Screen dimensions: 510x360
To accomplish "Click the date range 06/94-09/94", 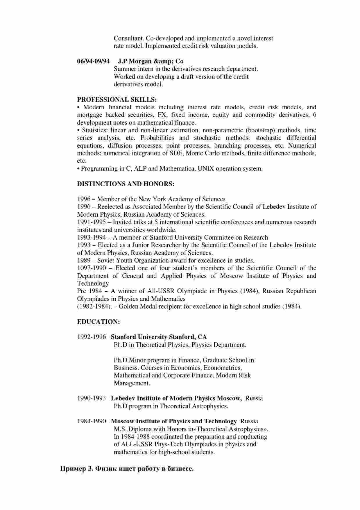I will pos(93,61).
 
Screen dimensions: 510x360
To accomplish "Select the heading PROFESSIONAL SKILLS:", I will pos(117,99).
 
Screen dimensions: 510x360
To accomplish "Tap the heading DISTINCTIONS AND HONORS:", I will pos(126,184).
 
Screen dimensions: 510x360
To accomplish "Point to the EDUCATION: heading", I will pos(98,322).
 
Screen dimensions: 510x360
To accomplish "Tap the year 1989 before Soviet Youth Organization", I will pos(84,260).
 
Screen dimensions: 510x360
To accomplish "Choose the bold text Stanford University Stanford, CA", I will pos(159,337).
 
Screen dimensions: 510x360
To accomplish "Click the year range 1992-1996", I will pos(92,337).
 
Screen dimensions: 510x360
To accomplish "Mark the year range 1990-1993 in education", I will pos(92,398).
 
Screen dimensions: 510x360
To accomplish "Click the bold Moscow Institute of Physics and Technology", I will pos(174,421).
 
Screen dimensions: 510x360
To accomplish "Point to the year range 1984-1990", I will pos(92,421).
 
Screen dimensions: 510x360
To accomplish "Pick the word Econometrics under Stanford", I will pos(220,368).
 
